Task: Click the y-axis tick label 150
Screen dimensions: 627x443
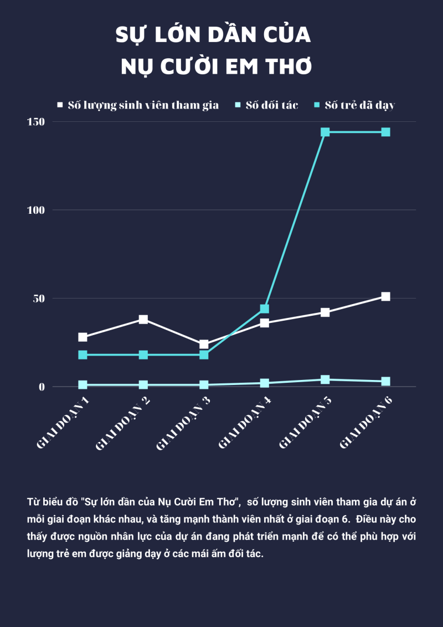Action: [x=37, y=121]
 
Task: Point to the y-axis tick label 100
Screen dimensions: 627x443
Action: [x=37, y=210]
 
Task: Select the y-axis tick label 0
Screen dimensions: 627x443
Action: [x=42, y=387]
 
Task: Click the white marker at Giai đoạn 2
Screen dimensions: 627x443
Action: [x=143, y=319]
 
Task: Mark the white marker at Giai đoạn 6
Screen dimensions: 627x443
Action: [x=385, y=296]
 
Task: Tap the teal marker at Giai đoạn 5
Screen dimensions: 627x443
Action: [x=325, y=132]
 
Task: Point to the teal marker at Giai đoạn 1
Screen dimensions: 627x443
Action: [x=83, y=354]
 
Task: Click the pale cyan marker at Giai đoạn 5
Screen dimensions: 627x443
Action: [x=325, y=379]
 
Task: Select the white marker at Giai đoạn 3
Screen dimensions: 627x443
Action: [x=204, y=344]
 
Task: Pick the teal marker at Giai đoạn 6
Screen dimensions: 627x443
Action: [x=385, y=132]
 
